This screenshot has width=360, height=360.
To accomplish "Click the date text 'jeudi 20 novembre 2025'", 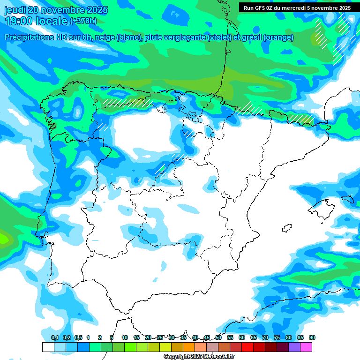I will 56,10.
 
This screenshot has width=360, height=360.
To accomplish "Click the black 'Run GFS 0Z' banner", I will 297,8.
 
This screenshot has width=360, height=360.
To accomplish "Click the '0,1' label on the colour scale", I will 54,337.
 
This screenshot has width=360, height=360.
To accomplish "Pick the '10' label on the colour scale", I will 125,337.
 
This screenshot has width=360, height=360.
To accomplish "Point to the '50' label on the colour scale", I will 218,337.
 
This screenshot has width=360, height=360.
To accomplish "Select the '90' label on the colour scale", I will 312,337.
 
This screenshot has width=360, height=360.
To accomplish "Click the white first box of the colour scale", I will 48,347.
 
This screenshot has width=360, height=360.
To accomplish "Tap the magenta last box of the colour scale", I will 306,347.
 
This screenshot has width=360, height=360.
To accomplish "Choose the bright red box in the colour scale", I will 247,347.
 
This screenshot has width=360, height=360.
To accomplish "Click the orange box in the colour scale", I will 189,347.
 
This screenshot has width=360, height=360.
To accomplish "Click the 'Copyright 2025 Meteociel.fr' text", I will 199,356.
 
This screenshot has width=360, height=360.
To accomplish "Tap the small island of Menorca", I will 348,199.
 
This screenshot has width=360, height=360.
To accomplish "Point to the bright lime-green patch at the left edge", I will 4,238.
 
